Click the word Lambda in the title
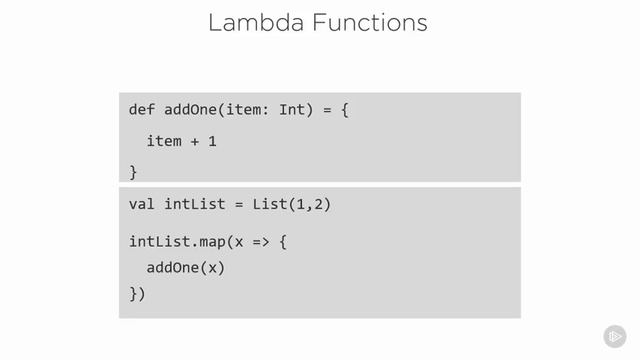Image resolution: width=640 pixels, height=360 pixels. coord(254,22)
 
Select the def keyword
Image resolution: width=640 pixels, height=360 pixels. coord(142,109)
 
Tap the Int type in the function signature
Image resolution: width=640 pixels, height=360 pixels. coord(291,109)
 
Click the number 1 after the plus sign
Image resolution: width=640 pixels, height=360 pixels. coord(212,141)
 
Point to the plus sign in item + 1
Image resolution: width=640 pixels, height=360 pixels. coord(195,141)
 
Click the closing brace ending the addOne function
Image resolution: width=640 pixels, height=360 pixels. coord(133,172)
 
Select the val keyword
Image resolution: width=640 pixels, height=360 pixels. coord(142,204)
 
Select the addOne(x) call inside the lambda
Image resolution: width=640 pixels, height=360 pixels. coord(186,268)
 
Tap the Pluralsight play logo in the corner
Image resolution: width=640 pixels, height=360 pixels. coord(614,337)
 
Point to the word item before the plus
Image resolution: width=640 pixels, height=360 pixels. coord(164,141)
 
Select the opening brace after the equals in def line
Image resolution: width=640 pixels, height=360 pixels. coord(343,109)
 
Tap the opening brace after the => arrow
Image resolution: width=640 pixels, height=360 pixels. coord(282,242)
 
